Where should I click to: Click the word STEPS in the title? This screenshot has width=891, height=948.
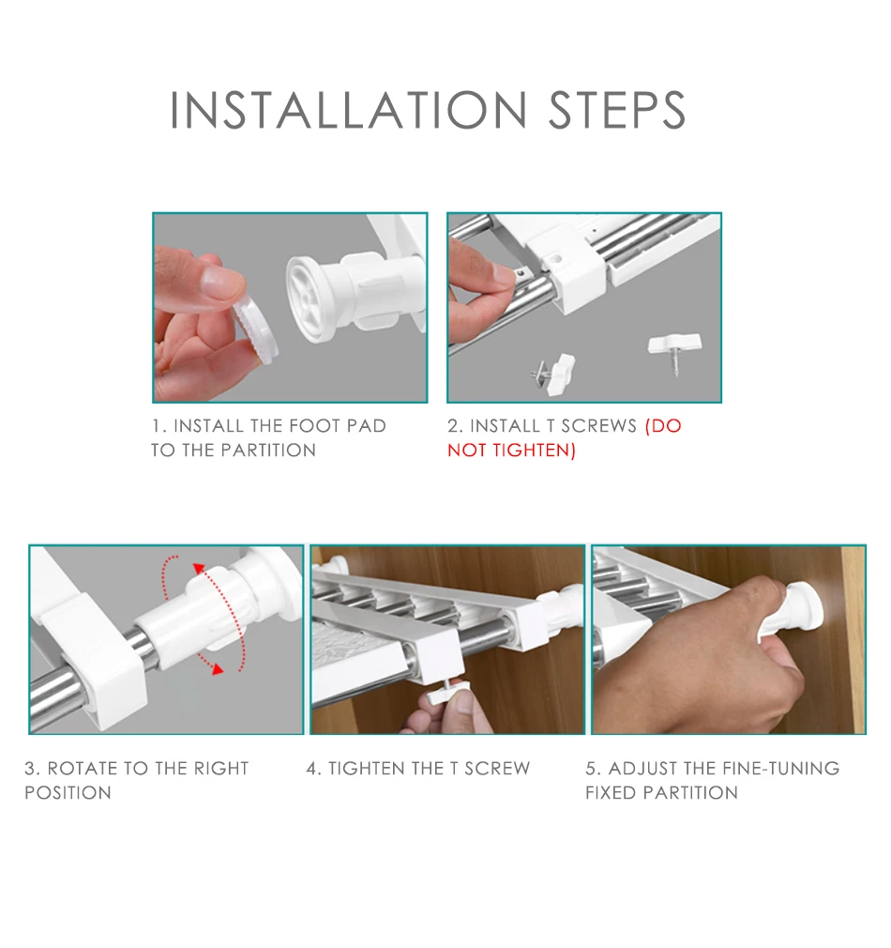pos(617,110)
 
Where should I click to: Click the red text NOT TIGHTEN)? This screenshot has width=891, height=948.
pos(512,451)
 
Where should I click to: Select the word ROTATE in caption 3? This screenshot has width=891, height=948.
pos(83,769)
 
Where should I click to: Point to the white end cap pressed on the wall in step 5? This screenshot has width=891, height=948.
pos(798,607)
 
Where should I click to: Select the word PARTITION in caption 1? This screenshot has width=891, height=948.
pos(268,451)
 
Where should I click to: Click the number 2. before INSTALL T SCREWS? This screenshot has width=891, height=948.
pos(455,426)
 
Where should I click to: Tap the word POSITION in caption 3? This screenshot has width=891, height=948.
pos(68,792)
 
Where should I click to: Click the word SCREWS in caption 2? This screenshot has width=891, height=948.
pos(599,426)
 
